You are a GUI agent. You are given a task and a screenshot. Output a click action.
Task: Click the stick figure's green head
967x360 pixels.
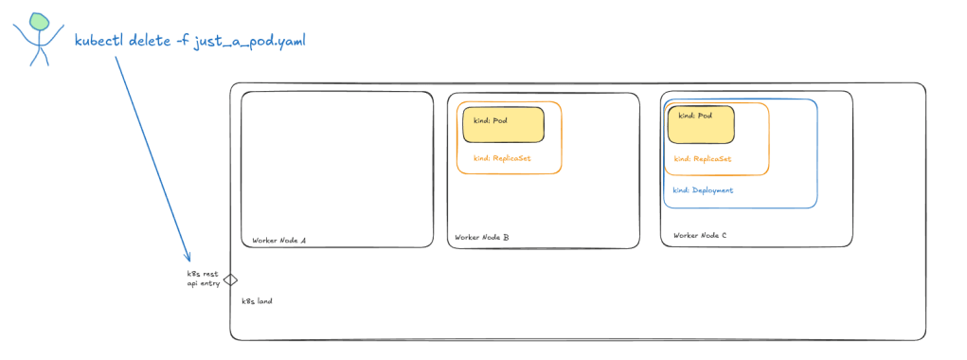pyautogui.click(x=38, y=21)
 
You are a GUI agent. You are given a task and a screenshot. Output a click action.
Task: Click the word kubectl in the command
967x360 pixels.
pyautogui.click(x=98, y=42)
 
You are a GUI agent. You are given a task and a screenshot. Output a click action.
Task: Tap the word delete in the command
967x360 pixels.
pyautogui.click(x=149, y=42)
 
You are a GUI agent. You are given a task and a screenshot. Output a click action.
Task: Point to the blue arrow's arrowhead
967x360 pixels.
pyautogui.click(x=188, y=257)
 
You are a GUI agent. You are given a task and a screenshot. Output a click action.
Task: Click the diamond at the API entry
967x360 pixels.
pyautogui.click(x=230, y=279)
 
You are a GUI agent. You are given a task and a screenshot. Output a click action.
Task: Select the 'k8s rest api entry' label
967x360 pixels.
pyautogui.click(x=203, y=278)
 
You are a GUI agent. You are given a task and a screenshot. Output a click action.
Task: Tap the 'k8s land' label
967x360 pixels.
pyautogui.click(x=257, y=301)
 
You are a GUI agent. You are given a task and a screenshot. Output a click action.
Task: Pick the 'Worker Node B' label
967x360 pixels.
pyautogui.click(x=482, y=238)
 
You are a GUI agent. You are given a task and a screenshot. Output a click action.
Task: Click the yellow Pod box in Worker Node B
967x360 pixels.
pyautogui.click(x=503, y=124)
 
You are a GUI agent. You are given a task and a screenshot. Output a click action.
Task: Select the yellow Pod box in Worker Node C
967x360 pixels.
pyautogui.click(x=701, y=124)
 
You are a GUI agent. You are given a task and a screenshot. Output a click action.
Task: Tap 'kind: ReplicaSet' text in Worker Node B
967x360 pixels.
pyautogui.click(x=502, y=158)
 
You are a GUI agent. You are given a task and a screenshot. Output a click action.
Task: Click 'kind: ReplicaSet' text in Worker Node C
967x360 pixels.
pyautogui.click(x=703, y=158)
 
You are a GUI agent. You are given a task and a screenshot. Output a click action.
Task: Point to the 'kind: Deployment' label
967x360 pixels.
pyautogui.click(x=703, y=190)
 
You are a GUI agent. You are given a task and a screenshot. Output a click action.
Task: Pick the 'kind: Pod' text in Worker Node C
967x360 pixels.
pyautogui.click(x=695, y=116)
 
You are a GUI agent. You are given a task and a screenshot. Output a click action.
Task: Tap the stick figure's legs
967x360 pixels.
pyautogui.click(x=40, y=56)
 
